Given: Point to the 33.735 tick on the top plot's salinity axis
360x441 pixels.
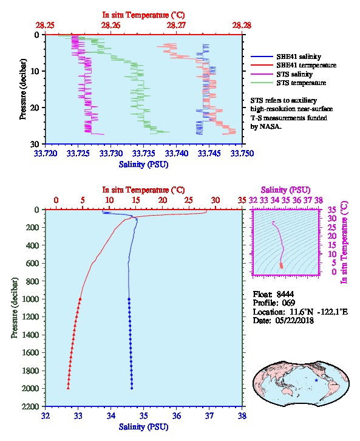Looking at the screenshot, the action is point(143,154).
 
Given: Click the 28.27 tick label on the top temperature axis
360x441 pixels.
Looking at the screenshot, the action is point(176,26).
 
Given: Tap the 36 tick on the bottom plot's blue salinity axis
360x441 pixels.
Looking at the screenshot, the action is point(176,415).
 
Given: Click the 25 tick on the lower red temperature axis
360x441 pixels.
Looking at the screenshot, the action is point(189,200).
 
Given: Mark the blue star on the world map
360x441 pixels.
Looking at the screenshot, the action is point(316,380).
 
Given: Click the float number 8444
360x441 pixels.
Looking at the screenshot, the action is point(285,295).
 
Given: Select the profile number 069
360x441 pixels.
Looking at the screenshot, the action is point(288,303).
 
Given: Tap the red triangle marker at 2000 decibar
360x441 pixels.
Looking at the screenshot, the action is point(68,388).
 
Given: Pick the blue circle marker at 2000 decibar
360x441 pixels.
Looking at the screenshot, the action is point(132,388).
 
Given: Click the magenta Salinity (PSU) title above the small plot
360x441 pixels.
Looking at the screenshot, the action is point(285,190).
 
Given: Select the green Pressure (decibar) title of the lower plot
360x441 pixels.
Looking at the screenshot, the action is point(15,308).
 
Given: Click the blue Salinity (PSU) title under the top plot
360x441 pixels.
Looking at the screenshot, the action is point(144,164).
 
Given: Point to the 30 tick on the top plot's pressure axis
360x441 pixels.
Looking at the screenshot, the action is point(34,144).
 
